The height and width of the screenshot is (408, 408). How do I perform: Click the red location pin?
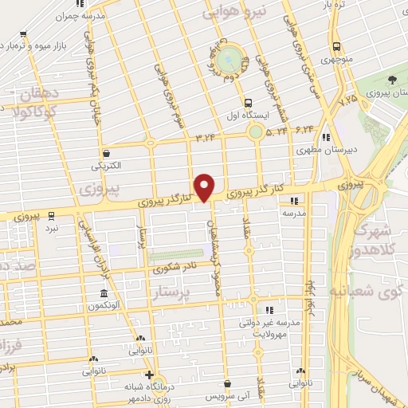coord(205,186)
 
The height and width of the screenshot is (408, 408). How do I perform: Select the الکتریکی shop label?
coord(106,167)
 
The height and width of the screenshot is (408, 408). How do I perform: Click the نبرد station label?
coord(52,227)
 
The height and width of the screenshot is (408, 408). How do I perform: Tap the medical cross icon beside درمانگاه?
coord(149,375)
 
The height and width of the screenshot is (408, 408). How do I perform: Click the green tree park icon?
coord(393,80)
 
